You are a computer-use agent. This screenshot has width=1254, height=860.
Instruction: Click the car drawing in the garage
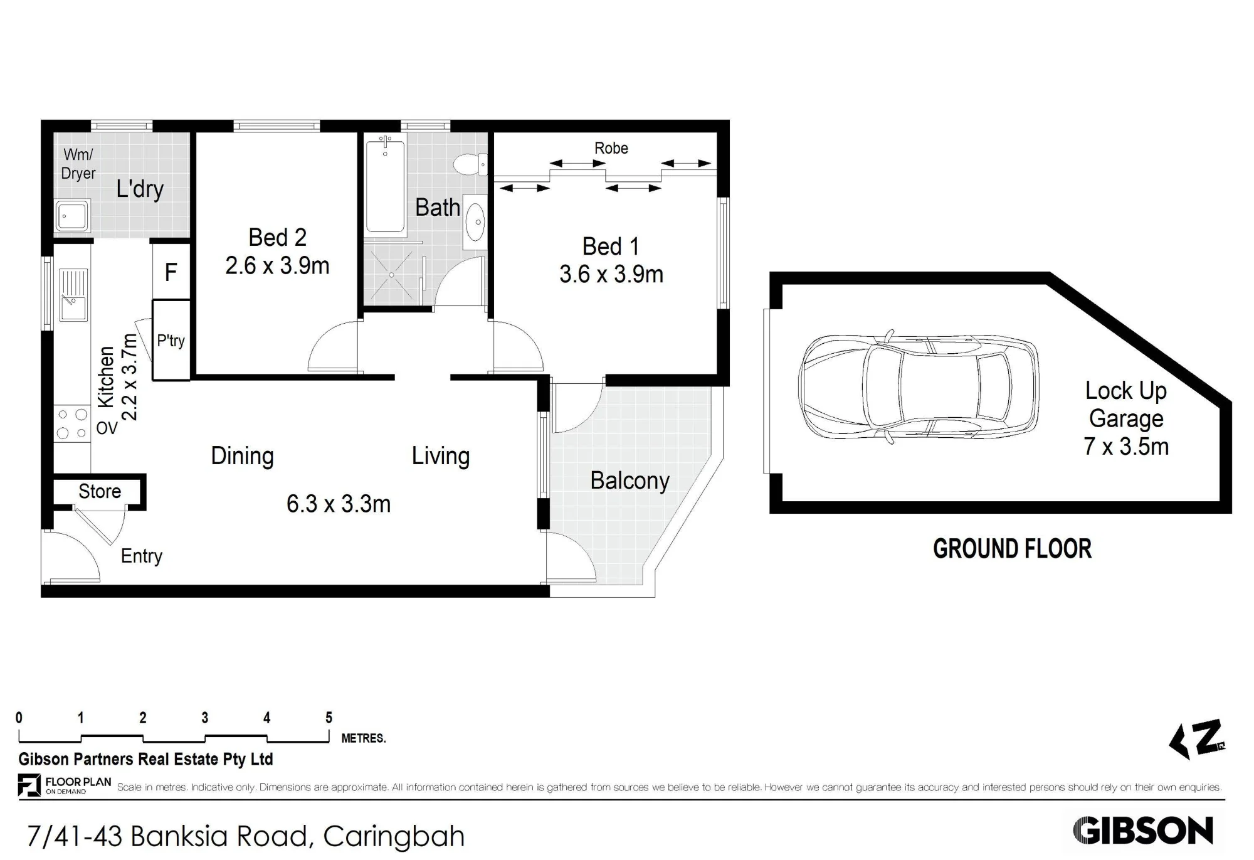[919, 387]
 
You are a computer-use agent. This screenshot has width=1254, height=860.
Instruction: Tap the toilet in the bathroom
[470, 165]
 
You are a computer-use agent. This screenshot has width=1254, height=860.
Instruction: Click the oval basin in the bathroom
[475, 221]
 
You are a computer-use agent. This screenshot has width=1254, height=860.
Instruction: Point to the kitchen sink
[73, 295]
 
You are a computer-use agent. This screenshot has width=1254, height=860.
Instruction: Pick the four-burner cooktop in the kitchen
[72, 423]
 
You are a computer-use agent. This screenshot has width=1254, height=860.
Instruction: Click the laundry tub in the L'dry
[73, 216]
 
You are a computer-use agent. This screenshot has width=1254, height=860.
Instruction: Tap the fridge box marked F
[171, 272]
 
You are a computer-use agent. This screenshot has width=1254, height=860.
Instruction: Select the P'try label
[171, 341]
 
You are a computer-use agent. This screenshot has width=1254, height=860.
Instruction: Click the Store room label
[100, 491]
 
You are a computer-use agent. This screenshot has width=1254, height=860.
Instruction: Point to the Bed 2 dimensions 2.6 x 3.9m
[277, 266]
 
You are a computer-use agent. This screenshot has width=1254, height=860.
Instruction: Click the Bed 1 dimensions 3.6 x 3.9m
[611, 275]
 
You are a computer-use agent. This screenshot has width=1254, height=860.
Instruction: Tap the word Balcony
[630, 481]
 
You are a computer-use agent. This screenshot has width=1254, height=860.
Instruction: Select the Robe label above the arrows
[611, 148]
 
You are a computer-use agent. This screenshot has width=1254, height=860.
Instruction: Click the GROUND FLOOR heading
[1012, 549]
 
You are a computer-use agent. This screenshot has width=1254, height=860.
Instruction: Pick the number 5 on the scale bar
[329, 718]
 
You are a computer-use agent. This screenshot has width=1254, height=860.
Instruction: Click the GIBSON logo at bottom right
[1143, 831]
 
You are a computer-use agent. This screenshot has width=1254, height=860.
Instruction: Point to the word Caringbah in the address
[394, 837]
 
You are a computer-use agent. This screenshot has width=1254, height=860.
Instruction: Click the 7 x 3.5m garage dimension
[1126, 447]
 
